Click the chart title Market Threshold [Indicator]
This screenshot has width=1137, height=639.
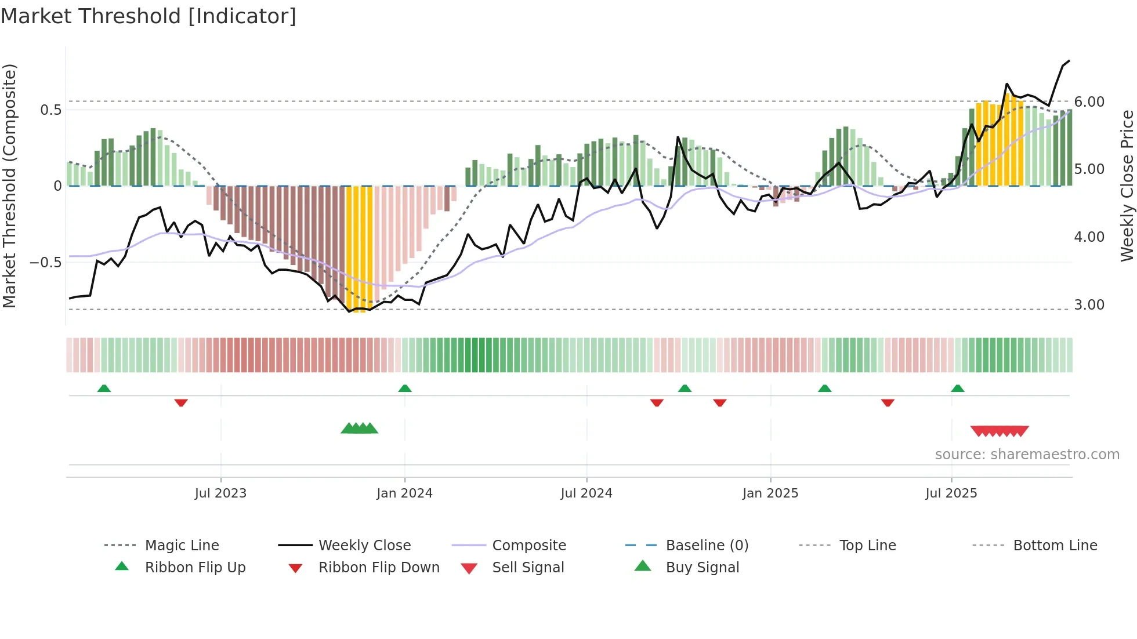click(149, 16)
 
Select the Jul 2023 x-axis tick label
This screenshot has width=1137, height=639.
click(220, 493)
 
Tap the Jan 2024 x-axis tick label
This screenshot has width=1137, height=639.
click(404, 493)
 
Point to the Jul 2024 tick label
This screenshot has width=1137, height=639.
click(586, 493)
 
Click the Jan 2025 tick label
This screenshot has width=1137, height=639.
click(770, 493)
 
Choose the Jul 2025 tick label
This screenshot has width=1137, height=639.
click(951, 493)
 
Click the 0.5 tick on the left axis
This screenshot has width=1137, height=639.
click(51, 110)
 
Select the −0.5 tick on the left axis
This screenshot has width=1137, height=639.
click(46, 263)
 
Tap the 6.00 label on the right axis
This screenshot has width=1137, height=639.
click(1089, 102)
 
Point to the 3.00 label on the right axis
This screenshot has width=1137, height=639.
click(1089, 305)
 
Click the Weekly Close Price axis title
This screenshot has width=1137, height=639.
click(1127, 186)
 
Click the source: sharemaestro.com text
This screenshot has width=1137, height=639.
click(1027, 455)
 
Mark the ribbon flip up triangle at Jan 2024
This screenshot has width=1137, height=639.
click(405, 389)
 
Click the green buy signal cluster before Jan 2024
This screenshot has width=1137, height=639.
click(359, 429)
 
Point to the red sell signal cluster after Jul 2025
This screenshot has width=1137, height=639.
click(1000, 431)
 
